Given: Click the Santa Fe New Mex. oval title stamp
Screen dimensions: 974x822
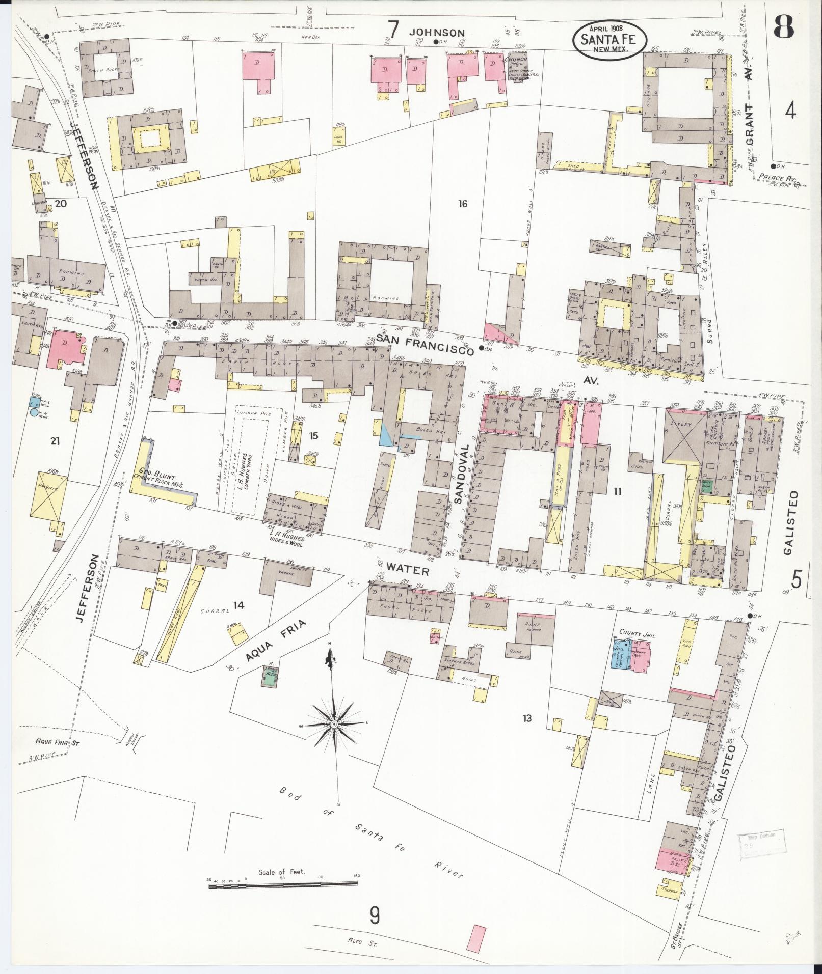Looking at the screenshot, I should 609,38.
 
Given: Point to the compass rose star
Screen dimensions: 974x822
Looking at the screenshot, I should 333,723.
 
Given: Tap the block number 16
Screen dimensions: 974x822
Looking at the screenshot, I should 462,204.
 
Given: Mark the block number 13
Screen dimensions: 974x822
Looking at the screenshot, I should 526,718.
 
